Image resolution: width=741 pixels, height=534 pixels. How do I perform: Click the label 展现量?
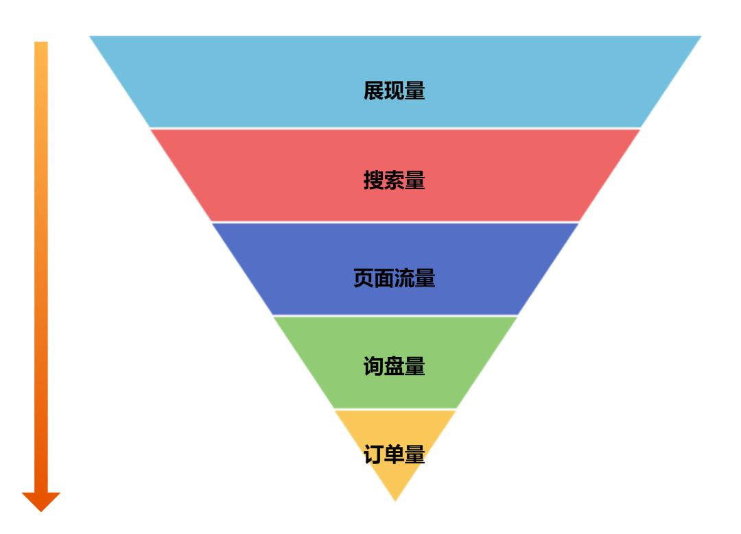394,91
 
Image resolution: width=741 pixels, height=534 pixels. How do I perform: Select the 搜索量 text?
394,180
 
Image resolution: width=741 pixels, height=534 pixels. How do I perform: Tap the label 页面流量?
394,278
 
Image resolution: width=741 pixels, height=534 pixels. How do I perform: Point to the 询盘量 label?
394,367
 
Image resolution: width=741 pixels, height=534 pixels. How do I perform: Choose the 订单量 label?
394,454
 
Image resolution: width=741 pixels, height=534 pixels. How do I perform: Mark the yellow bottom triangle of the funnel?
395,480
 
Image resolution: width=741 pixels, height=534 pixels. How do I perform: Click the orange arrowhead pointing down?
41,501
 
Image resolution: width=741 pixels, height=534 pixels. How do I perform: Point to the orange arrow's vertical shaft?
41,260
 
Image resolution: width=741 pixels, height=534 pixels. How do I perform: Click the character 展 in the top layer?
374,91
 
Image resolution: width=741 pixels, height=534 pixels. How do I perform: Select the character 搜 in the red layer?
374,180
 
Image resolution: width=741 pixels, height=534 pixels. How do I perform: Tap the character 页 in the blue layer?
364,278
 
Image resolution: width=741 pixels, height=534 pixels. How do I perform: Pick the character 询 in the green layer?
374,367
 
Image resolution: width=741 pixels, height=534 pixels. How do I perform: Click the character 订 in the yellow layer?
374,454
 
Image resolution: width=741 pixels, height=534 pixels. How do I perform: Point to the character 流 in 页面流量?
405,278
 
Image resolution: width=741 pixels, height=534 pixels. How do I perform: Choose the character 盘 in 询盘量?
395,367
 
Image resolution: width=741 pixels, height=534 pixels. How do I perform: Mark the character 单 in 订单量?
395,454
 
